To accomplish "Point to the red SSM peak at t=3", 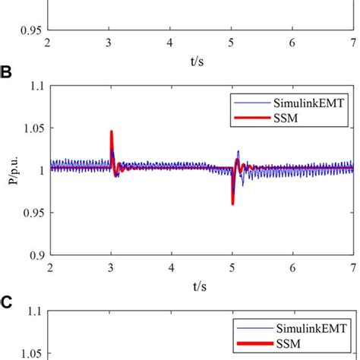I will coord(112,133).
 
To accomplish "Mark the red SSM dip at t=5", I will coord(232,201).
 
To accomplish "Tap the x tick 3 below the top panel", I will coord(111,43).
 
